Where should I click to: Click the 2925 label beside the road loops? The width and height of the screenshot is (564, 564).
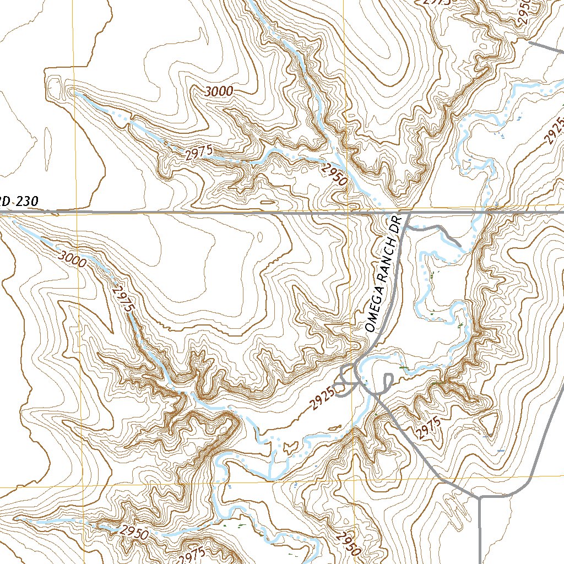tap(322, 398)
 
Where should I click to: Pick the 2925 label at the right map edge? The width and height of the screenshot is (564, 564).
tap(555, 131)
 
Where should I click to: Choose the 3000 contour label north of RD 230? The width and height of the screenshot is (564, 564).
tap(219, 92)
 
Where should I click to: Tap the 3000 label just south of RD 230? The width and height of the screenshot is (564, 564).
tap(72, 259)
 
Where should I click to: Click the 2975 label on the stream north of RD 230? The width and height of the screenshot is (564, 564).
tap(198, 154)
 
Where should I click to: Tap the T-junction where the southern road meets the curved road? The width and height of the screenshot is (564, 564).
tap(481, 496)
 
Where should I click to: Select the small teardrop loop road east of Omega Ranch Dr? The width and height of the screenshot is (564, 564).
tap(387, 381)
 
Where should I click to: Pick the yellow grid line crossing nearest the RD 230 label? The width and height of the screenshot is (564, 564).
tap(75, 213)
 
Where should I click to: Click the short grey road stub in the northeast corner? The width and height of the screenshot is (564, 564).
tap(545, 45)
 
